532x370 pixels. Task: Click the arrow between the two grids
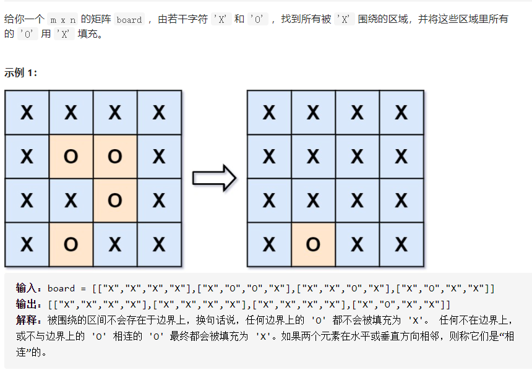214,178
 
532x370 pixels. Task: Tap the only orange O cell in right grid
313,245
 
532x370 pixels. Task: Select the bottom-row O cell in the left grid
71,245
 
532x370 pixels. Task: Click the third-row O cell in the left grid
115,200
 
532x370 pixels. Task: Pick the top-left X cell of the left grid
27,113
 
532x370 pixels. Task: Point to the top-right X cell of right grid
401,113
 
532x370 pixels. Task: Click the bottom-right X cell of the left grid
159,245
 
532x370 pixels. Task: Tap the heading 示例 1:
21,73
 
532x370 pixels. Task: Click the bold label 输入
27,288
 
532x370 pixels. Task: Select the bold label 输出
27,304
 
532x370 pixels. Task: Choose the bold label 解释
27,321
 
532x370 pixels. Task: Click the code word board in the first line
129,20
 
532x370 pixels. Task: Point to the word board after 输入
61,288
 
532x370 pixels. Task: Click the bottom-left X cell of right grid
269,245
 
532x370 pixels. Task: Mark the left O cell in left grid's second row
71,157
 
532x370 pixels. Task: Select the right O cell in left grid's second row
115,157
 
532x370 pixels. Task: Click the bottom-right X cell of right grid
401,245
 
